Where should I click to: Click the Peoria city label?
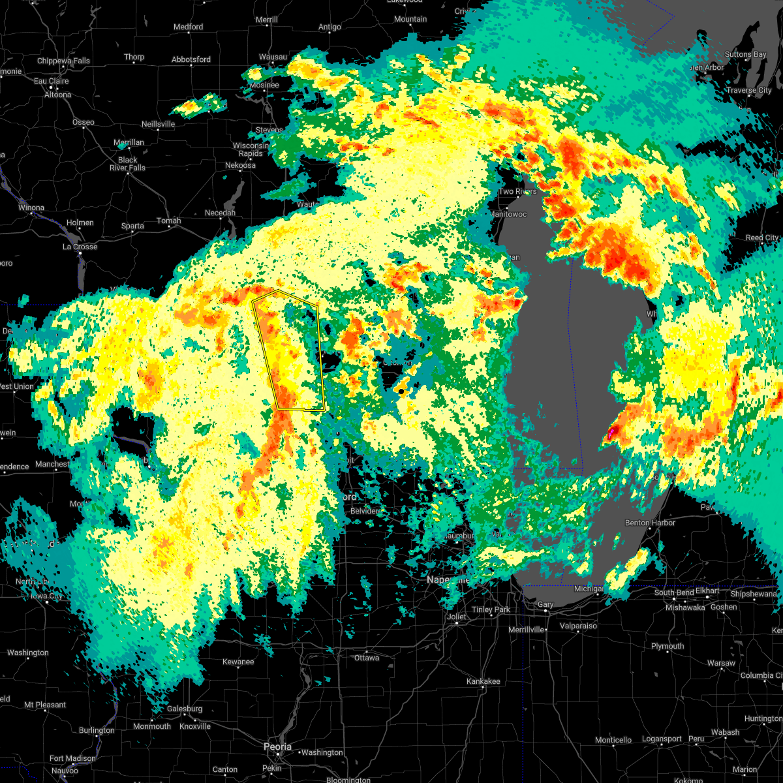[x=277, y=746]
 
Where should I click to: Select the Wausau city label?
[x=273, y=57]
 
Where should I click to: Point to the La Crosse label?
[x=80, y=247]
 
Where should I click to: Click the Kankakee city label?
[x=483, y=681]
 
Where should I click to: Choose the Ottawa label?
[x=367, y=658]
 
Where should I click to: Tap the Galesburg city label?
[x=185, y=709]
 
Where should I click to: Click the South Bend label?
[x=675, y=592]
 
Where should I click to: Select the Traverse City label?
[x=749, y=90]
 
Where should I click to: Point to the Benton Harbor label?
[x=650, y=523]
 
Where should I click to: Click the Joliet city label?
[x=457, y=617]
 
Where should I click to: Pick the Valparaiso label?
[x=578, y=626]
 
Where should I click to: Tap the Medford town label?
[x=188, y=27]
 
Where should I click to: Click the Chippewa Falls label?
[x=63, y=61]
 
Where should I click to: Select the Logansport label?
[x=662, y=739]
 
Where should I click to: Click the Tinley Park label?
[x=491, y=609]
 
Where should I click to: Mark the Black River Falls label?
[x=128, y=164]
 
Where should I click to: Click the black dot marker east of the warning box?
[x=401, y=391]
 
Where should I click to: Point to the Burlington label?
[x=97, y=731]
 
